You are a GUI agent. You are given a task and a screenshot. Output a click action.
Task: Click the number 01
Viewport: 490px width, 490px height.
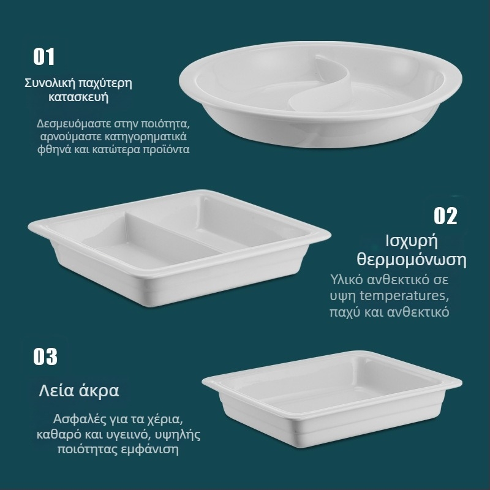coord(43,57)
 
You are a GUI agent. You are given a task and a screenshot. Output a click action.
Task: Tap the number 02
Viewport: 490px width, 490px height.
coord(445,216)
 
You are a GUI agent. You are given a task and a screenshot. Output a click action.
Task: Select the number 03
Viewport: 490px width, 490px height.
coord(45,356)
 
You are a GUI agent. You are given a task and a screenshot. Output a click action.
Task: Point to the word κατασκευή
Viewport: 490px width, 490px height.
coord(78,97)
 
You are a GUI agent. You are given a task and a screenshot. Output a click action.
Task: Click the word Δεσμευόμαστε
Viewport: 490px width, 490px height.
coord(74,124)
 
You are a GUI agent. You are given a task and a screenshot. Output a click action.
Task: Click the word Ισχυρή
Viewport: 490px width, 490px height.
coord(411,241)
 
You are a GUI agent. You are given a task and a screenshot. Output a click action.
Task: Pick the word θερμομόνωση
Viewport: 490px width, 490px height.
coord(412,260)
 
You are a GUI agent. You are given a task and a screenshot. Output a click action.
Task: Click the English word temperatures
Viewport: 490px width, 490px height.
coord(404,296)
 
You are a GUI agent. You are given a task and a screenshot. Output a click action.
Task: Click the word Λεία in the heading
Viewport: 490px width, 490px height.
coord(56,391)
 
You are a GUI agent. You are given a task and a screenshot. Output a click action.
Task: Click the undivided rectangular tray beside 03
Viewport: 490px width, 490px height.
coord(332,399)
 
